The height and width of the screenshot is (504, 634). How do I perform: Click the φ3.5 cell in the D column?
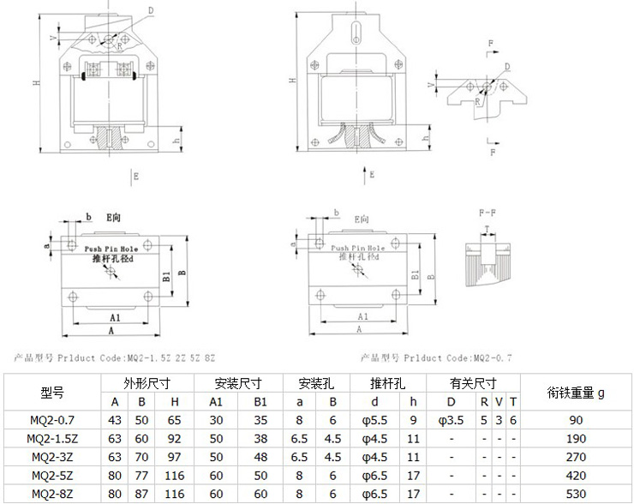pos(452,420)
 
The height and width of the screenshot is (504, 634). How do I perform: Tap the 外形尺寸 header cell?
pos(145,383)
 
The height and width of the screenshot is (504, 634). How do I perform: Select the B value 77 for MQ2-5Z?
pos(141,475)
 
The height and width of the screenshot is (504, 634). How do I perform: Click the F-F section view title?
pos(484,213)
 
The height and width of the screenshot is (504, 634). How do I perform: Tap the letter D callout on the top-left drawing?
pos(150,10)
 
